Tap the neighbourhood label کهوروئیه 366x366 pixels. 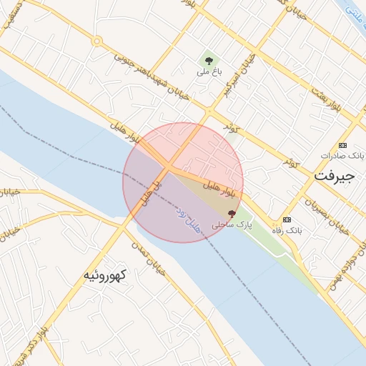(105, 274)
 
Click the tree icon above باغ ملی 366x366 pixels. (208, 61)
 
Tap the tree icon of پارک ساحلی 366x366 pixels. (231, 213)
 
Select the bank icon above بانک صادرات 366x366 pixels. (342, 144)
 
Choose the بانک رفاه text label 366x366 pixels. (287, 230)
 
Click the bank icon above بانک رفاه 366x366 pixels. (287, 219)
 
